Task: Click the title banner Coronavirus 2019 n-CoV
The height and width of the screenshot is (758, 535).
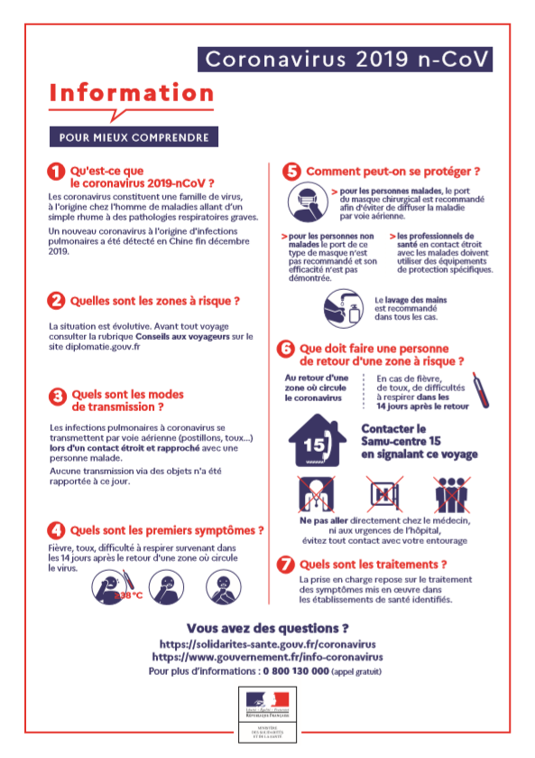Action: [346, 59]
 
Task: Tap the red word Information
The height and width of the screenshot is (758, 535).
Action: [132, 93]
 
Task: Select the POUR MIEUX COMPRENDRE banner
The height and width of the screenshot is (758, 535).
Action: [134, 138]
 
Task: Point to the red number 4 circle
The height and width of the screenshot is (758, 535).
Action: [56, 530]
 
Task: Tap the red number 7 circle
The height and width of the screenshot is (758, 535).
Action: [286, 565]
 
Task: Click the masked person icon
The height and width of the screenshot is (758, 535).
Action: [307, 203]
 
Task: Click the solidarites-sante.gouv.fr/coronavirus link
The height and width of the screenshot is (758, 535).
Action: [267, 644]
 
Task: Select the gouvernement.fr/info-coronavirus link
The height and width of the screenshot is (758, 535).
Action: [267, 658]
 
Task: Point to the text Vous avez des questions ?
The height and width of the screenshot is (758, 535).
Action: [267, 628]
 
